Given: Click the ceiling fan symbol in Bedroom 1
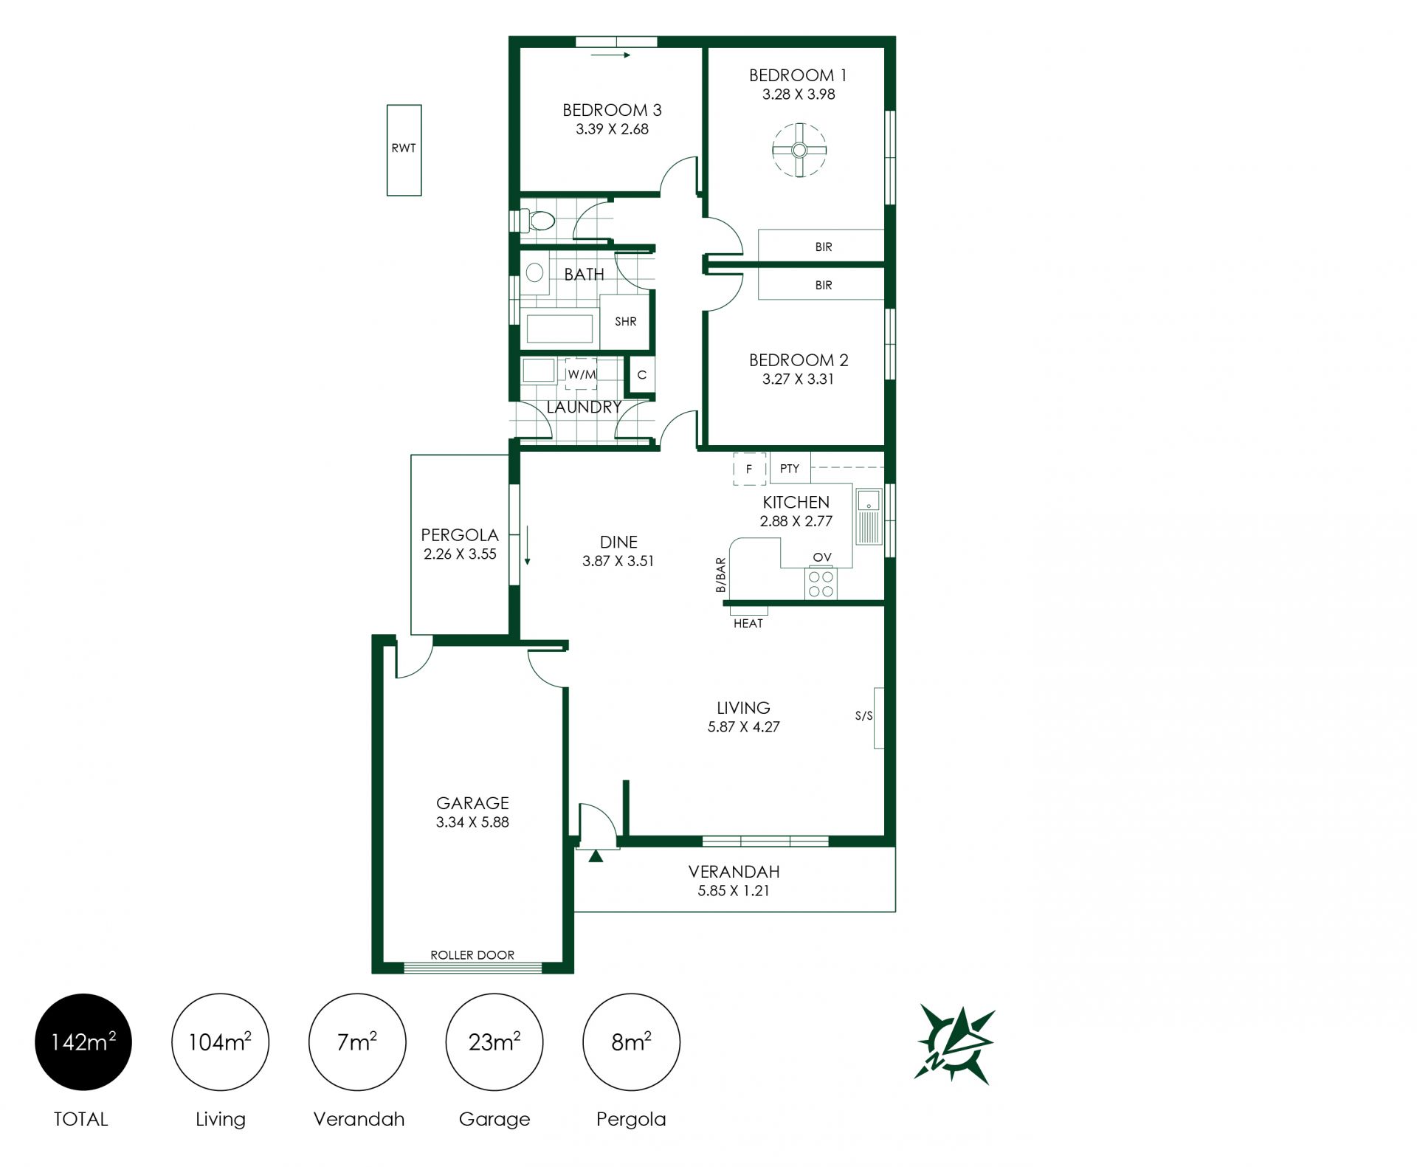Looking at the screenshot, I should click(799, 151).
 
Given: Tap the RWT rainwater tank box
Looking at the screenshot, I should click(404, 150).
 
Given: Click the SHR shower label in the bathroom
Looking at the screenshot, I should click(625, 322).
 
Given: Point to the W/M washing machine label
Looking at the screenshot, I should click(582, 375).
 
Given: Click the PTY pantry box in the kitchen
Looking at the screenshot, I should click(789, 469).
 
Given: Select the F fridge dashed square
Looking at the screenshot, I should click(749, 469).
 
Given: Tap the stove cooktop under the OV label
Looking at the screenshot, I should click(821, 583).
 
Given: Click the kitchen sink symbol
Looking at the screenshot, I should click(869, 517).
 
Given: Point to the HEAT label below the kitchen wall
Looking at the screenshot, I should click(748, 624).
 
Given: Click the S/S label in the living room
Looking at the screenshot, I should click(863, 716).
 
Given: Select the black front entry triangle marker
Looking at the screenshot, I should click(596, 856).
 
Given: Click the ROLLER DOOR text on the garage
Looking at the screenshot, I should click(472, 955).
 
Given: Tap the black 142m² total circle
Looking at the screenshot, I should click(83, 1042).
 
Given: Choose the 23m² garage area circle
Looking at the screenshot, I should click(494, 1042).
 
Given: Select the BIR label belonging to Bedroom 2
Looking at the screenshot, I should click(823, 285).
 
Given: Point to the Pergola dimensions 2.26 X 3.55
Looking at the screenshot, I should click(460, 554).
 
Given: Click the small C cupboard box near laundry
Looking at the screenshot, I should click(641, 375).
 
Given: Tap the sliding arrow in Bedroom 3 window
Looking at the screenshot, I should click(611, 55).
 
